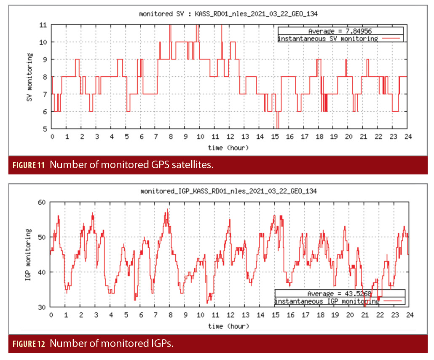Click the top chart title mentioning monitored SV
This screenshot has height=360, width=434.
coord(228,14)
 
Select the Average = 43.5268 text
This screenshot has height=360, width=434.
coord(339,293)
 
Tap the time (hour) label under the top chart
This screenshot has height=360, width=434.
coord(228,148)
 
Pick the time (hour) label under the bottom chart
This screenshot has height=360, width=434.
coord(228,326)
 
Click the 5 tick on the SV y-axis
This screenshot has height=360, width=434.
coord(45,129)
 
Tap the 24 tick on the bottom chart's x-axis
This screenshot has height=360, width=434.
coord(409,315)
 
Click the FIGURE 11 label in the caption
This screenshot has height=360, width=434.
coord(28,165)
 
